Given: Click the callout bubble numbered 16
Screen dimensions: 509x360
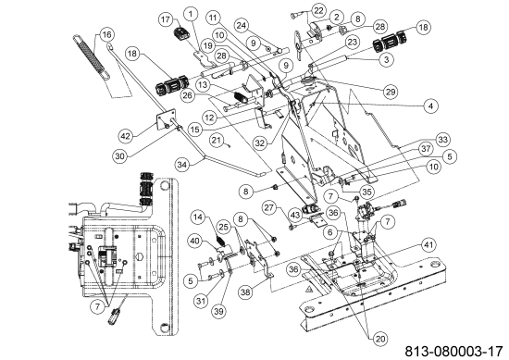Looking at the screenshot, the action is (x=107, y=34).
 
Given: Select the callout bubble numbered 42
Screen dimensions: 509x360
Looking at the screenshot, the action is (x=126, y=136).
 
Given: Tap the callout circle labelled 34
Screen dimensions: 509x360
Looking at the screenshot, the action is (x=183, y=165).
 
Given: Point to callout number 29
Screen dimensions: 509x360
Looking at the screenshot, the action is (x=391, y=92).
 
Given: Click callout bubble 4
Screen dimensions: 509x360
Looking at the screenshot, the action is (x=430, y=106).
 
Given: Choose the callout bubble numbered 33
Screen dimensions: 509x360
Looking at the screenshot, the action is (x=442, y=140).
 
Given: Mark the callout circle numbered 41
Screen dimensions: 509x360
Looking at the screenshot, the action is (x=428, y=245).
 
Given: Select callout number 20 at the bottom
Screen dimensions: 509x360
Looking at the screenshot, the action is (x=380, y=340).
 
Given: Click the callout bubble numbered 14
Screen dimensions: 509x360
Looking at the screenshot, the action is (x=198, y=217).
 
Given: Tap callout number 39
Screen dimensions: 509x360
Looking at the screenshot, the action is (x=219, y=311).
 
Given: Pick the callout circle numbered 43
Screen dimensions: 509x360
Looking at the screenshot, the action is (x=295, y=215).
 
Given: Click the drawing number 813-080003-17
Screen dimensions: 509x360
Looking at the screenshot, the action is (x=454, y=352).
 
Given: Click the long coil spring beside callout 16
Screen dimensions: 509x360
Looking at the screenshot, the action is (x=92, y=56).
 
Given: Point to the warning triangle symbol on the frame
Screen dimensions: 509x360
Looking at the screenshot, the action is (x=309, y=289).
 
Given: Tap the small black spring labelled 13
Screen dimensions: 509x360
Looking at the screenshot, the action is (x=240, y=96).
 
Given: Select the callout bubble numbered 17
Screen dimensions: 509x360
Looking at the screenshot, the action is (x=166, y=19).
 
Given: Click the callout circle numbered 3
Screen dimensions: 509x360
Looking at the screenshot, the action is (x=386, y=59).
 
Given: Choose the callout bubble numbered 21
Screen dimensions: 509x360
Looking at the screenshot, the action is (x=217, y=141).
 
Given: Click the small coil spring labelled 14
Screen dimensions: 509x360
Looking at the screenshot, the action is (x=220, y=242).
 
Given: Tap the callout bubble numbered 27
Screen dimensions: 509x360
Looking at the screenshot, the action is (x=269, y=207).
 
